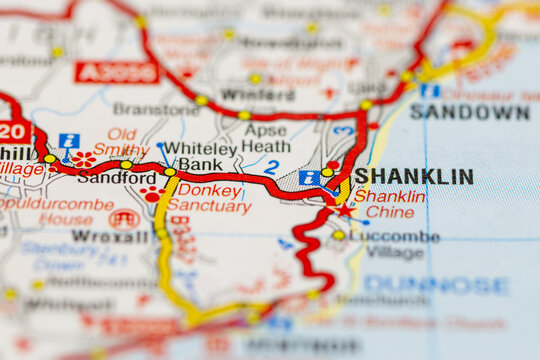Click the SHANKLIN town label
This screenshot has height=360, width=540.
(414, 176)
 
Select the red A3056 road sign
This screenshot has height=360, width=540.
(116, 72)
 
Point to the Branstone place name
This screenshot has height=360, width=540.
(156, 109)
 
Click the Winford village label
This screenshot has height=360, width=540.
(243, 95)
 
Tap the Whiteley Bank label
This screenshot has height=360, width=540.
(200, 156)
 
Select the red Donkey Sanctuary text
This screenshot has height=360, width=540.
(209, 198)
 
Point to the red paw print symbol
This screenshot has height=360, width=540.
(152, 193)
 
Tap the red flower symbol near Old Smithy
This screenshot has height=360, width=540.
(84, 159)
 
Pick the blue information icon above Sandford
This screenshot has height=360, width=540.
(68, 141)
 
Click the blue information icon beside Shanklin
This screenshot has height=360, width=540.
(309, 177)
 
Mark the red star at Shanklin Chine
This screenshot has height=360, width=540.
(346, 210)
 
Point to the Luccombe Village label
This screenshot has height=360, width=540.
(395, 244)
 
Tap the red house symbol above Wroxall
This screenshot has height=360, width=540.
(124, 218)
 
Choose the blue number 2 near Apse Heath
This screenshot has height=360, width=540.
(271, 168)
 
